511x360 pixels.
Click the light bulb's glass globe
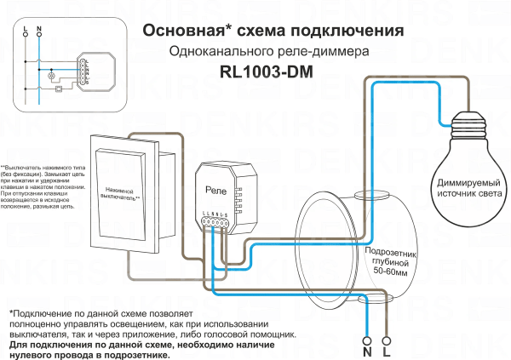[470, 170]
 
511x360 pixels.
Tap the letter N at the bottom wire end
[367, 350]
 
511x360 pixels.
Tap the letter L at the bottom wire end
[387, 350]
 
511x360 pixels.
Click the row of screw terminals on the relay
[215, 224]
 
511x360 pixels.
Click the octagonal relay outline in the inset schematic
[87, 68]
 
